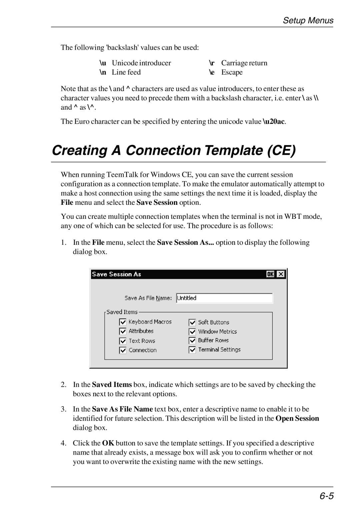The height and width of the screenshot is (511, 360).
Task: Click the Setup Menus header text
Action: [308, 21]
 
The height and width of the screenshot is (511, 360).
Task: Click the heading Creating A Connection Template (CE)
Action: [174, 150]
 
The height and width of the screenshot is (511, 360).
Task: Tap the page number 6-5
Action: [326, 496]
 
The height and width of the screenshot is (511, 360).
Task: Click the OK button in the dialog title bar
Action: [270, 274]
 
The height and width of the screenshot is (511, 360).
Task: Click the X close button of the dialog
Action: [281, 274]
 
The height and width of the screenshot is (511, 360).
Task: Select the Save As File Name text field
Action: [224, 298]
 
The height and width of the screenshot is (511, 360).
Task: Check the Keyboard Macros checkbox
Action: [123, 322]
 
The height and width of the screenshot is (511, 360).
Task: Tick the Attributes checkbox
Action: [123, 331]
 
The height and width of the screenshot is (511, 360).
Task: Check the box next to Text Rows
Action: [123, 341]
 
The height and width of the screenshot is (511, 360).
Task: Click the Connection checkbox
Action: [123, 350]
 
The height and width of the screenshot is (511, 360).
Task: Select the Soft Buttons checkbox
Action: [192, 323]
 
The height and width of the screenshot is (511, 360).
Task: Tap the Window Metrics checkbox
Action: [192, 332]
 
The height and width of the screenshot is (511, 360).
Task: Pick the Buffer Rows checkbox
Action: [192, 341]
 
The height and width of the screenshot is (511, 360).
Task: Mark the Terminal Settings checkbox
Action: [192, 350]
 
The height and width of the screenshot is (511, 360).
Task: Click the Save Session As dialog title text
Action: [117, 274]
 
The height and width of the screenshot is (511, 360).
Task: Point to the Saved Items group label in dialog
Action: [122, 312]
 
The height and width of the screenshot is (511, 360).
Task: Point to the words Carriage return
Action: [244, 63]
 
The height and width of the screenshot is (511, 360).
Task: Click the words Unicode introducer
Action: [141, 63]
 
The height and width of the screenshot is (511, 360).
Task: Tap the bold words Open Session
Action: [297, 419]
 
